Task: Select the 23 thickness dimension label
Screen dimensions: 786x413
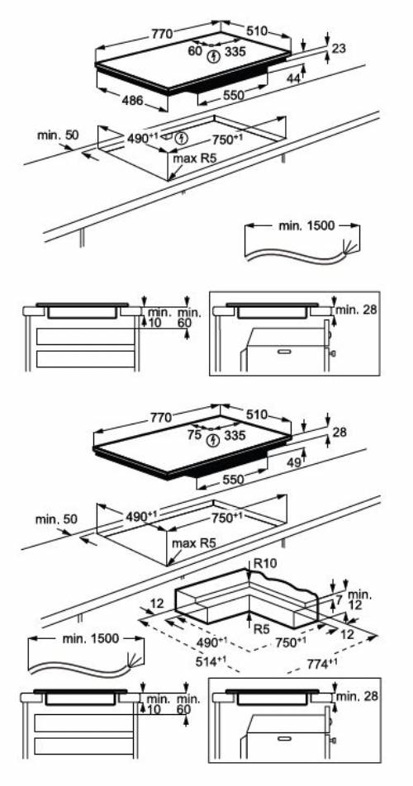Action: click(339, 50)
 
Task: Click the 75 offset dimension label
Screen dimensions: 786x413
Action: click(194, 433)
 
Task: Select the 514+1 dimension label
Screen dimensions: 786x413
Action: click(199, 661)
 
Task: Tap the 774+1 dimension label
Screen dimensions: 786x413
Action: click(322, 661)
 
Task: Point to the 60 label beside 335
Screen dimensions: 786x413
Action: click(194, 50)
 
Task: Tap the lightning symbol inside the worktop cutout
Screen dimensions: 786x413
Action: click(182, 138)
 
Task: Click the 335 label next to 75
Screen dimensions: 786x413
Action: click(235, 434)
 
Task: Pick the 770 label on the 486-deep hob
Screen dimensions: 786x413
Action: click(161, 34)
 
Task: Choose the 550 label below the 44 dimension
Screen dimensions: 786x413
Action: click(234, 96)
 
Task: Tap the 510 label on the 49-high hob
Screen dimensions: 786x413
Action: click(256, 416)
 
